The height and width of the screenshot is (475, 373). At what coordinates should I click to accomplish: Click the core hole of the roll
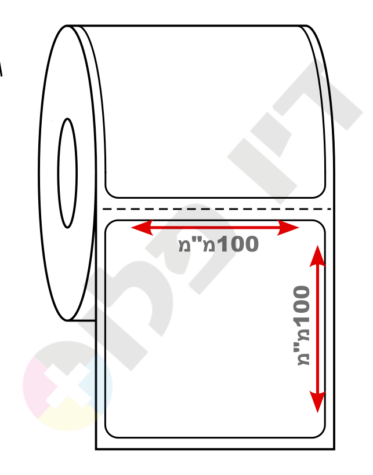click(67, 173)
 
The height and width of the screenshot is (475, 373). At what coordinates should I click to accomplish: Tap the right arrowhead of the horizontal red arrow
click(288, 228)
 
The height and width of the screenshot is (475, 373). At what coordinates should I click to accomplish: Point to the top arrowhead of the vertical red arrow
click(317, 256)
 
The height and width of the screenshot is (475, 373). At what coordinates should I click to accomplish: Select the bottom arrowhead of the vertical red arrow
click(317, 401)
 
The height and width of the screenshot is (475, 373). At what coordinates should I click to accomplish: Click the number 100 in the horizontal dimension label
click(238, 244)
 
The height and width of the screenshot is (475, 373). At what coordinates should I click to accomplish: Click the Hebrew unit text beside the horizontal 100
click(197, 244)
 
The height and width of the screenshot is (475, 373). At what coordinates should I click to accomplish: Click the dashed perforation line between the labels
click(216, 209)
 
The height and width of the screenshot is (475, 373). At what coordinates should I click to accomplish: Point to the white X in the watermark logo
click(67, 385)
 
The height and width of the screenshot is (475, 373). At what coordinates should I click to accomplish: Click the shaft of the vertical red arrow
click(317, 329)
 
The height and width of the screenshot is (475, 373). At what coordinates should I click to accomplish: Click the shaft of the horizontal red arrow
click(215, 228)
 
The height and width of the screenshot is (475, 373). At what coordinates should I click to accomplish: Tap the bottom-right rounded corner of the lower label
click(321, 434)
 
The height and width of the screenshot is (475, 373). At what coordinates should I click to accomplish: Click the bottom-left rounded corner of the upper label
click(110, 194)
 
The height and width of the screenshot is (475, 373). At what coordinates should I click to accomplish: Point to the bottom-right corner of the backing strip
click(334, 449)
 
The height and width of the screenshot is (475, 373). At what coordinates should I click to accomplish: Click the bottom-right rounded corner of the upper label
click(321, 194)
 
